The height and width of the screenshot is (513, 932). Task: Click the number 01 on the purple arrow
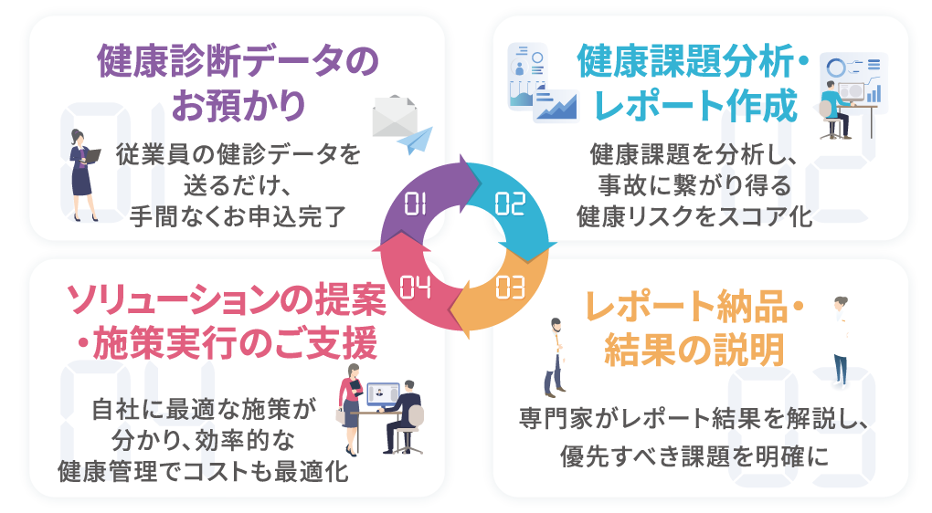coord(416,204)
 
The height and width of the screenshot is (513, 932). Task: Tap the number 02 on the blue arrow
coord(511,204)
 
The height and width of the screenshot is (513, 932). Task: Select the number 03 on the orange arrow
coord(511,288)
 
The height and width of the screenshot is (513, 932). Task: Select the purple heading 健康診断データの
coord(237,62)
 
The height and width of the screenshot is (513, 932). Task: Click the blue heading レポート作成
coord(696,106)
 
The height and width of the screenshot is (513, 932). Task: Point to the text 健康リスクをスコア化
coord(694,216)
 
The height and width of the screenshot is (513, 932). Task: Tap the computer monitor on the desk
coord(383,395)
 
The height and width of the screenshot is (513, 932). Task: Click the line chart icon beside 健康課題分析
coord(556,105)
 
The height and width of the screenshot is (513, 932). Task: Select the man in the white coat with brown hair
coord(555,356)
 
